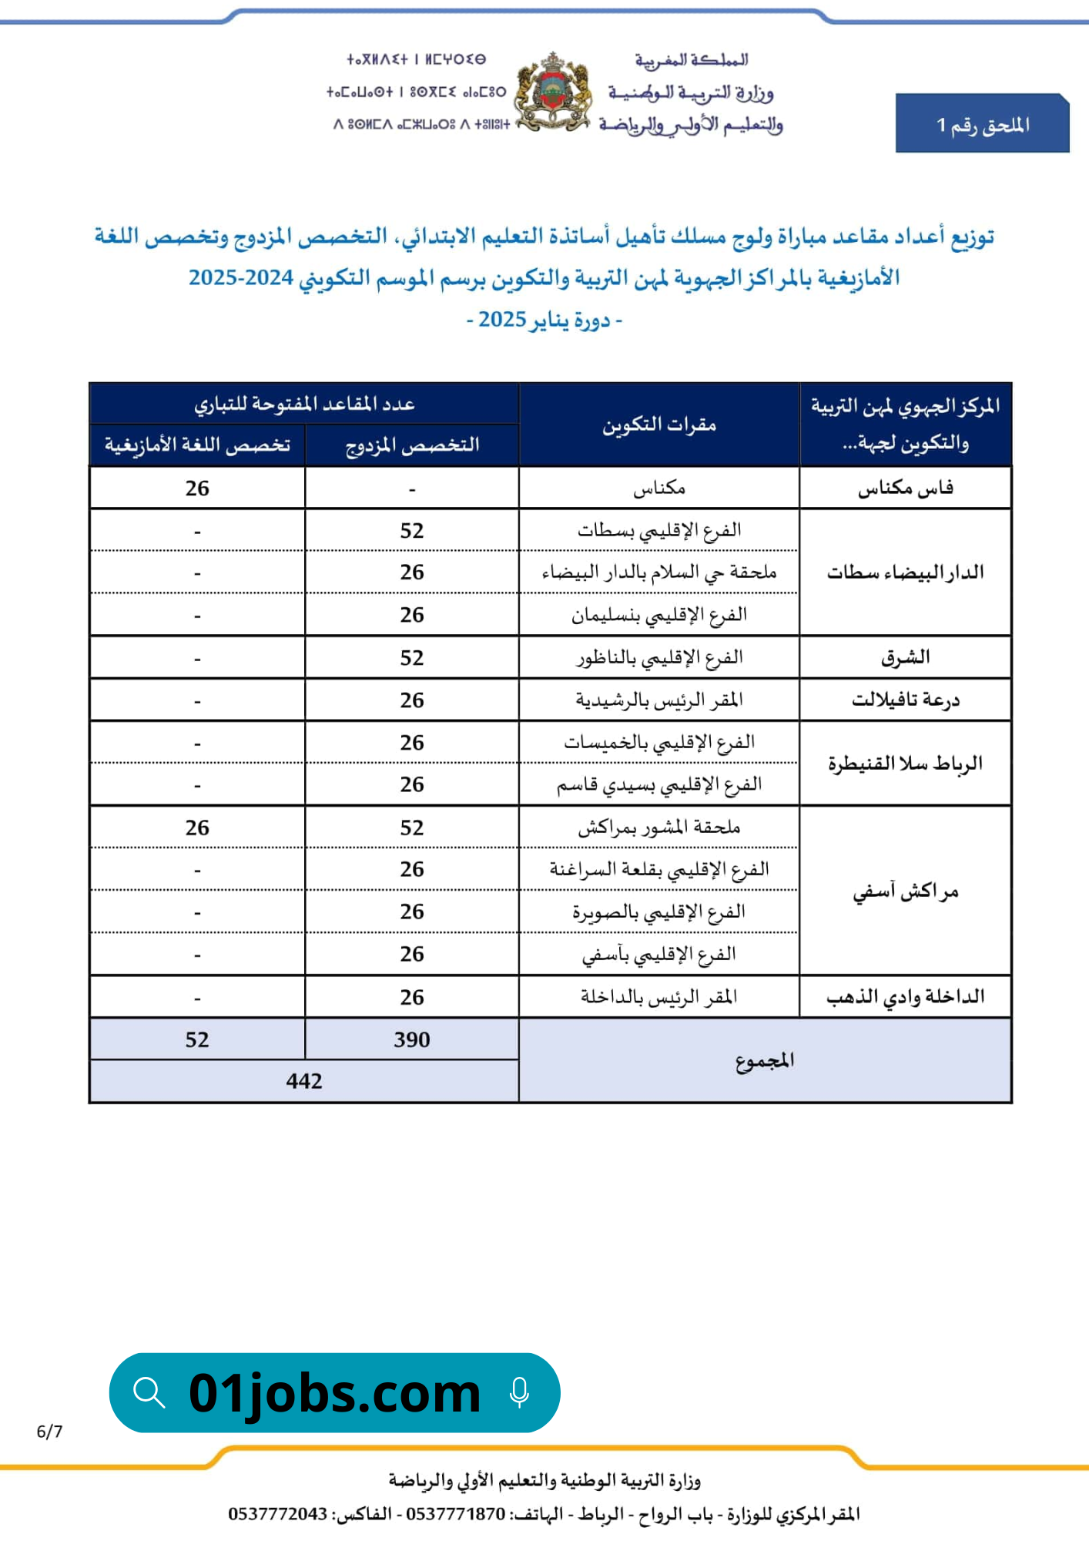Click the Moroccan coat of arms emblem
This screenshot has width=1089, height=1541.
pyautogui.click(x=551, y=91)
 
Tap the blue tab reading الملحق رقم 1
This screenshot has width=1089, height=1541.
pyautogui.click(x=982, y=125)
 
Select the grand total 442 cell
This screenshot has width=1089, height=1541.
pyautogui.click(x=304, y=1081)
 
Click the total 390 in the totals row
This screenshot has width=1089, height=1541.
pyautogui.click(x=412, y=1039)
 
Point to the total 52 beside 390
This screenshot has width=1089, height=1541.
pyautogui.click(x=197, y=1039)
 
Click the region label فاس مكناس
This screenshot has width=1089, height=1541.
pyautogui.click(x=906, y=488)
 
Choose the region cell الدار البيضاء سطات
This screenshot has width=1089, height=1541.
pyautogui.click(x=906, y=572)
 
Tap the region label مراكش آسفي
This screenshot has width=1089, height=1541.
pyautogui.click(x=906, y=891)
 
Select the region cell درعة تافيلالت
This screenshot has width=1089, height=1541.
pyautogui.click(x=906, y=700)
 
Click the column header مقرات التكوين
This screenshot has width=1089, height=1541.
pyautogui.click(x=659, y=425)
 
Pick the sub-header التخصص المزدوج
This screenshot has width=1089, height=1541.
pyautogui.click(x=412, y=445)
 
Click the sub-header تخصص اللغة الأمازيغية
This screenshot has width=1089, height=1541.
pyautogui.click(x=197, y=445)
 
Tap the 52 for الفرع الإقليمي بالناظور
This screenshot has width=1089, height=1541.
pyautogui.click(x=412, y=658)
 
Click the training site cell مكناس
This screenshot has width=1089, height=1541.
pyautogui.click(x=659, y=488)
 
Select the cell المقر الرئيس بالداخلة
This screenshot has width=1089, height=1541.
pyautogui.click(x=659, y=997)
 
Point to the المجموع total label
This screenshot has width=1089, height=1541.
pyautogui.click(x=765, y=1061)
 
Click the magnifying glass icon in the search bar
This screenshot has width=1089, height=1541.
pyautogui.click(x=149, y=1393)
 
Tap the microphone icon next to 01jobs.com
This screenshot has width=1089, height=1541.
pyautogui.click(x=520, y=1393)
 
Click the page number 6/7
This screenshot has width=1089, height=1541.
pyautogui.click(x=49, y=1432)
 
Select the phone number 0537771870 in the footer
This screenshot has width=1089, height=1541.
pyautogui.click(x=455, y=1514)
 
